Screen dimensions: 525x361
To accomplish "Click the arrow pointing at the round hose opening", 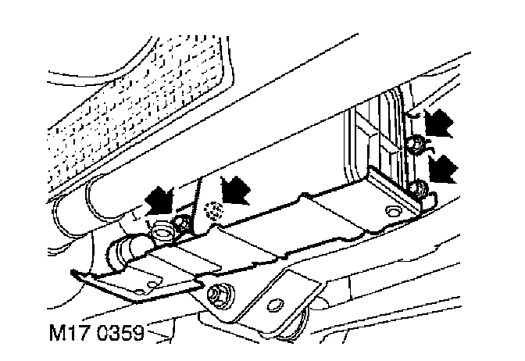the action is (x=158, y=199).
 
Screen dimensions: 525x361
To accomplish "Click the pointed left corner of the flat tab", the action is (x=72, y=273).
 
